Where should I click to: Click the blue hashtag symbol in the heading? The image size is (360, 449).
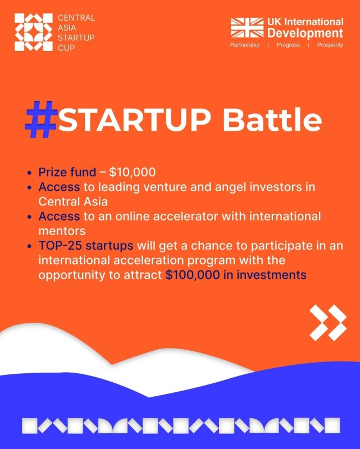coord(41,119)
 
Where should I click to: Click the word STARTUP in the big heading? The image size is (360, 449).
coord(134,119)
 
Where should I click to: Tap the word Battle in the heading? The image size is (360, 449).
coord(272,118)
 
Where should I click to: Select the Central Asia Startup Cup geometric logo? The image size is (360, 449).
coord(34,32)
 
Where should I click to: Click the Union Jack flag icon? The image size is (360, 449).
coord(247,28)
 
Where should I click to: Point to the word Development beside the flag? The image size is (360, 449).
coord(306,33)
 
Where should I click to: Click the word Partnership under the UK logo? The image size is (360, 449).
coord(245,45)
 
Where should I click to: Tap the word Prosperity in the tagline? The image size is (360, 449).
coord(330,45)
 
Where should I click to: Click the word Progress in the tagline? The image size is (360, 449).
coord(288,45)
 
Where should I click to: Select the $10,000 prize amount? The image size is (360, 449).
coord(133,172)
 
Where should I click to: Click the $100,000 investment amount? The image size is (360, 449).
coord(193,275)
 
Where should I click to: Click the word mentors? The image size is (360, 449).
coord(62,231)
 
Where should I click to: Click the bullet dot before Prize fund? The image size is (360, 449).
coord(29,173)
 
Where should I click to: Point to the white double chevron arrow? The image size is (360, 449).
coord(328,323)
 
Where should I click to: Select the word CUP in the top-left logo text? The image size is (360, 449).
coord(66,48)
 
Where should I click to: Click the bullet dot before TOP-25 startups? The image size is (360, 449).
coord(29,246)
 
